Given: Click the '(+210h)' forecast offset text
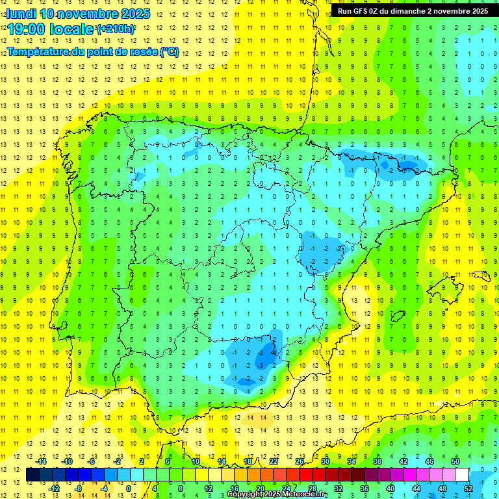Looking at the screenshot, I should pos(116,29).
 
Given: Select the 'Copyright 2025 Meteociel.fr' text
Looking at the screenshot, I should pos(277,494).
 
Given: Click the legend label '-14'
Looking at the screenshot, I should pos(41,461).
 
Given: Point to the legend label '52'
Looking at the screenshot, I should pos(468,488).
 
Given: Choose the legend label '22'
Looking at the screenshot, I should pos(274,461).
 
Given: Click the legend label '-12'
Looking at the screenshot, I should pos(54,488).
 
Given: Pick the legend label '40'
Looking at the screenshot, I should pos(390,488).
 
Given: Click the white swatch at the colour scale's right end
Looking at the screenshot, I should pos(461,475).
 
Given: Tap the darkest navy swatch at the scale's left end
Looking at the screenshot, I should pos(32,475).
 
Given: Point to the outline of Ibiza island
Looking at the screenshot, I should pos(397,316).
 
